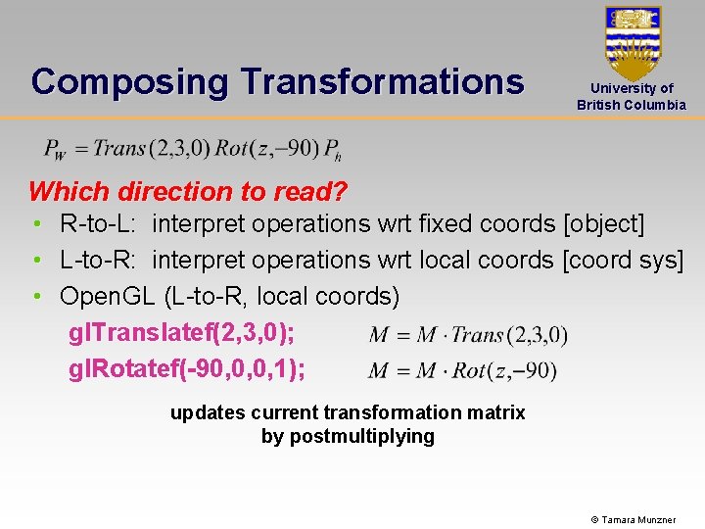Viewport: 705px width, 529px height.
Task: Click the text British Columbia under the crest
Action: tap(632, 105)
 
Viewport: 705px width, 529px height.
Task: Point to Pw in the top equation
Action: tap(55, 150)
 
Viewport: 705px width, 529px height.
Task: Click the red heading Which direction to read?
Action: tap(188, 191)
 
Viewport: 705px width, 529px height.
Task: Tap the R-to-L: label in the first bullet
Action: tap(100, 224)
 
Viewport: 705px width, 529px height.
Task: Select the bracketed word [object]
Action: tap(604, 224)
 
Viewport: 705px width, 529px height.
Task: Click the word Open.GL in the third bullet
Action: tap(108, 295)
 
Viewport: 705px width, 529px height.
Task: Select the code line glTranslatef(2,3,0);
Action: tap(182, 334)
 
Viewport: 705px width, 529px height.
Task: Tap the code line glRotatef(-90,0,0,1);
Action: tap(187, 369)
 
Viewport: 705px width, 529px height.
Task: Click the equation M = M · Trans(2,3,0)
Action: tap(468, 335)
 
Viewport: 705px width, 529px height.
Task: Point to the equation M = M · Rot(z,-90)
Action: tap(463, 370)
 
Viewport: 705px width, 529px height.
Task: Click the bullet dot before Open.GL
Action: tap(36, 295)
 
